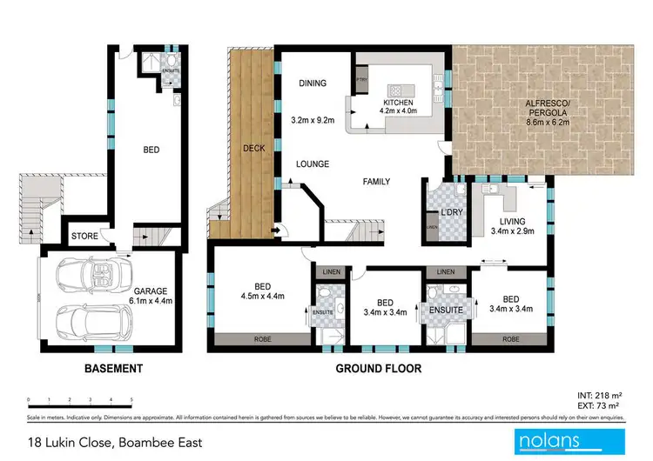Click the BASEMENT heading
[113, 369]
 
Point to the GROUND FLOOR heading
[379, 369]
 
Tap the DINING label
[312, 84]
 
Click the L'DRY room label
[450, 213]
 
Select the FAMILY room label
[376, 182]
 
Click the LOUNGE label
[311, 163]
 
